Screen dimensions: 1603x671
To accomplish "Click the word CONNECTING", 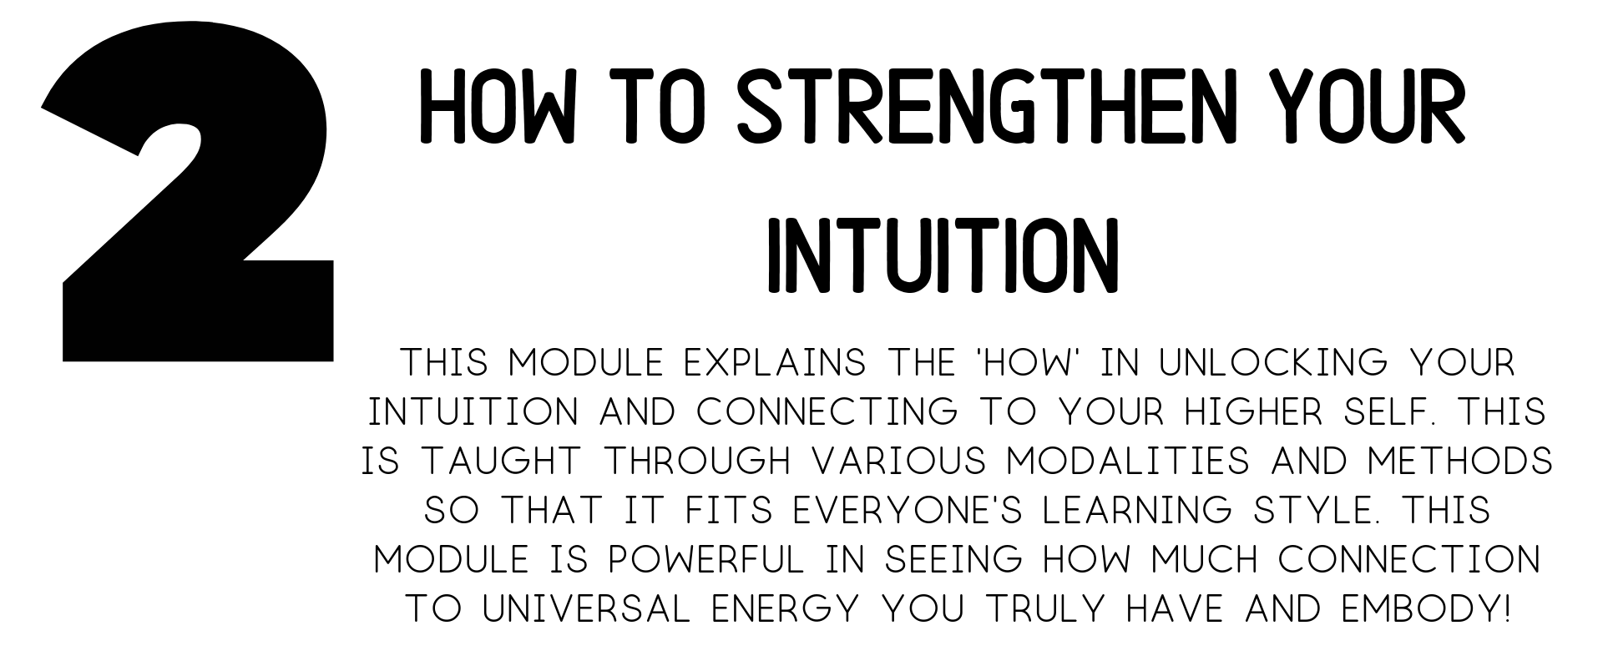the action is (827, 412).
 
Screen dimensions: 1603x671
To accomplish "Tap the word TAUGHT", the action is (500, 462).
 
